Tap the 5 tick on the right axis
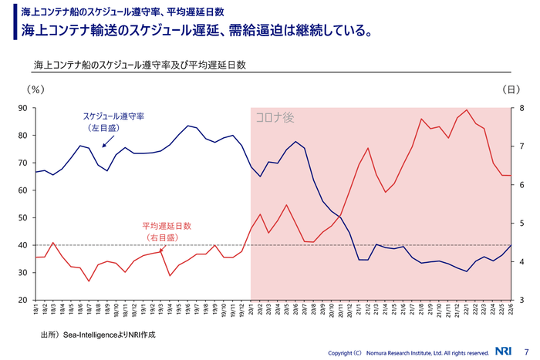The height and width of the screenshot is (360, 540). [522, 224]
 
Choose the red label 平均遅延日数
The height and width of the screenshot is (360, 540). [165, 227]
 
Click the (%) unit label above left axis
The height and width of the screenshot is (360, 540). [35, 89]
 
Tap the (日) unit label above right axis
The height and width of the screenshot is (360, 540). [512, 89]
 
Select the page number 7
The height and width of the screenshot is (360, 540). [526, 352]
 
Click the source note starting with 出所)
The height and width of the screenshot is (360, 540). [98, 335]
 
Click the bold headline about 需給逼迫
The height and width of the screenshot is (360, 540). [199, 31]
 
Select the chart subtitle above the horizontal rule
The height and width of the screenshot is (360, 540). [140, 65]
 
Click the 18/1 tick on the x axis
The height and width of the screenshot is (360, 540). [36, 310]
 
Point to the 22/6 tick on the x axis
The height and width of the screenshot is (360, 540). [510, 310]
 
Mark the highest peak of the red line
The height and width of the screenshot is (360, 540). [467, 110]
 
